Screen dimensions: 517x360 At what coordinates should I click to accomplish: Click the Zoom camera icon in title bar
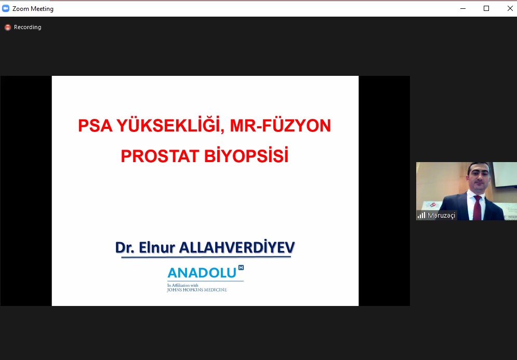click(6, 8)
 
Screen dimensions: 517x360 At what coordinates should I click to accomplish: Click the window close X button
click(510, 8)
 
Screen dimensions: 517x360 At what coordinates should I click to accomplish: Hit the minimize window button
click(463, 8)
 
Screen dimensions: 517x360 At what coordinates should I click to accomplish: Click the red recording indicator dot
click(8, 28)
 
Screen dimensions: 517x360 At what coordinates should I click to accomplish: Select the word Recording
click(28, 27)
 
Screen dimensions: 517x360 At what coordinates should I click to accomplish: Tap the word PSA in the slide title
click(95, 126)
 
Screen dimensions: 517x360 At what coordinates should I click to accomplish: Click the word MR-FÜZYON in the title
click(280, 125)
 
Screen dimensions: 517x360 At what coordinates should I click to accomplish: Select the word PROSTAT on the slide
click(160, 156)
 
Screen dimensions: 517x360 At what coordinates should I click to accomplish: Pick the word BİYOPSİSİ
click(246, 155)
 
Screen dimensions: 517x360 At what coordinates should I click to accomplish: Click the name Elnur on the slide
click(156, 247)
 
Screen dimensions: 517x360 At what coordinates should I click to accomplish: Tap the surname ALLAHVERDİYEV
click(237, 247)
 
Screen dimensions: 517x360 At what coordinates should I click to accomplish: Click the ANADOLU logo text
click(202, 273)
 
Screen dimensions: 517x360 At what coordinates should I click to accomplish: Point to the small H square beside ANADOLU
click(241, 268)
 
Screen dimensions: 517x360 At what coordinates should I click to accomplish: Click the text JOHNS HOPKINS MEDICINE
click(197, 290)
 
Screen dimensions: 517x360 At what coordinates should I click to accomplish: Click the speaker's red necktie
click(477, 208)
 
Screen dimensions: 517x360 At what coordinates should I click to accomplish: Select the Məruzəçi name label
click(441, 215)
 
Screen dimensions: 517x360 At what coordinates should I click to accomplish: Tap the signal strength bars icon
click(421, 215)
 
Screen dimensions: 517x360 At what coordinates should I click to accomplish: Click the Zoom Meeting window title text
click(33, 9)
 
